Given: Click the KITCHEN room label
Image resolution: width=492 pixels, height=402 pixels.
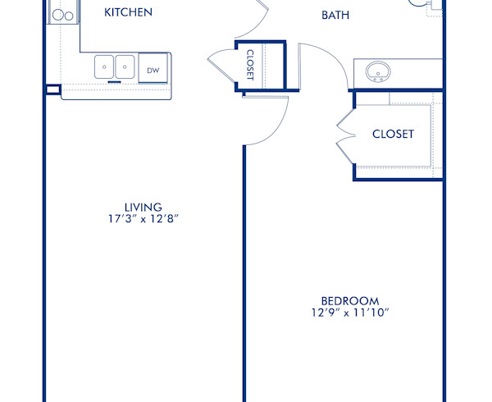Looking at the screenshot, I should pyautogui.click(x=128, y=13).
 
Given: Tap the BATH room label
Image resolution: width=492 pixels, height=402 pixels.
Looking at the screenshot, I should pyautogui.click(x=335, y=15).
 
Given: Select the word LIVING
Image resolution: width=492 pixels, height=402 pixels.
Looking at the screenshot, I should pyautogui.click(x=143, y=208).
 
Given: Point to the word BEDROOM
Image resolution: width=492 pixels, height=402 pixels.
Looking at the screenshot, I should pyautogui.click(x=349, y=300).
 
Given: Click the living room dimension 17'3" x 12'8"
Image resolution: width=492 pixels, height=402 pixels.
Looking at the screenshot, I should pyautogui.click(x=143, y=220).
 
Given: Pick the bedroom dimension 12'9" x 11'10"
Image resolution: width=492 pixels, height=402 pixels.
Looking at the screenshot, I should pyautogui.click(x=349, y=313).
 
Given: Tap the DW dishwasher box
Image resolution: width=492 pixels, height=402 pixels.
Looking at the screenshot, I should pyautogui.click(x=153, y=71).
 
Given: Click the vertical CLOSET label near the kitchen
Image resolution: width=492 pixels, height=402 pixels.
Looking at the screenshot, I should pyautogui.click(x=250, y=64).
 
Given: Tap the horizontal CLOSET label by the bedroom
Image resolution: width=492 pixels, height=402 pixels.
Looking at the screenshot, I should pyautogui.click(x=393, y=134).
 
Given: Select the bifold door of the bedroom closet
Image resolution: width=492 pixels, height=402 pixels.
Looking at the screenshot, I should pyautogui.click(x=346, y=134).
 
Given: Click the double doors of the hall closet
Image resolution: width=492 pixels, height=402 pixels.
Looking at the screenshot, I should pyautogui.click(x=222, y=64).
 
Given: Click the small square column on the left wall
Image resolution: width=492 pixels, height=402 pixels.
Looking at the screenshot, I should pyautogui.click(x=52, y=89).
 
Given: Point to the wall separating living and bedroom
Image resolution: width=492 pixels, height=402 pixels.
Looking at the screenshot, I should pyautogui.click(x=243, y=271).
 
